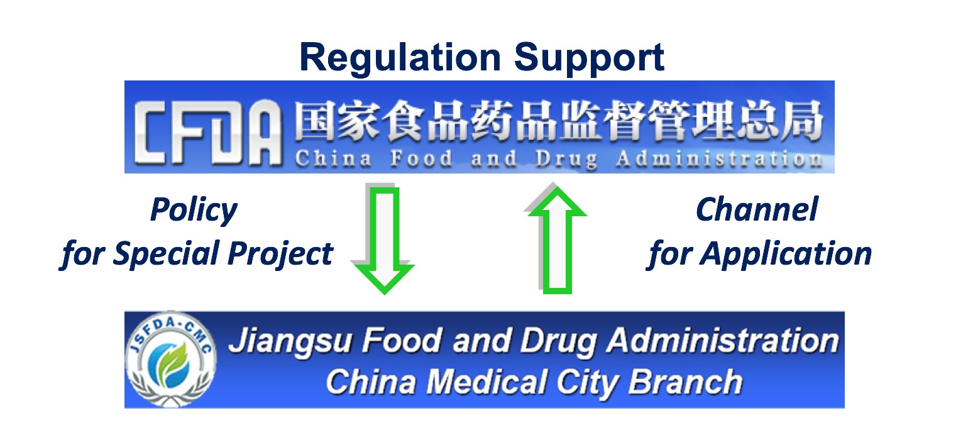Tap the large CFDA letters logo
[207, 133]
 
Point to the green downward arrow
[383, 240]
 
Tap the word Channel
[757, 209]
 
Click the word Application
[786, 255]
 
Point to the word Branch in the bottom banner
[685, 382]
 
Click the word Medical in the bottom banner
[487, 382]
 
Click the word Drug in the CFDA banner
[566, 160]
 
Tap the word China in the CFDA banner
[333, 158]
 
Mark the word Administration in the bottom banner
[723, 341]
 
